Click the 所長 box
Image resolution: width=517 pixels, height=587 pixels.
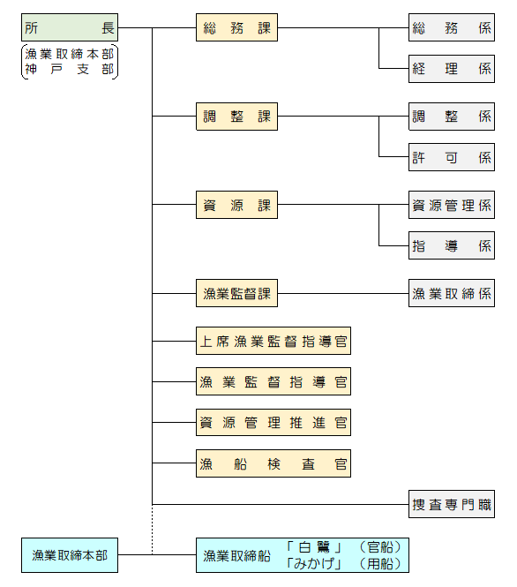70,28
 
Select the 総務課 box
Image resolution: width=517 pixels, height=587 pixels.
236,28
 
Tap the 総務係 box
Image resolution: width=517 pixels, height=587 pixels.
451,28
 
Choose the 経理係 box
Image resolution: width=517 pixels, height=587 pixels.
451,68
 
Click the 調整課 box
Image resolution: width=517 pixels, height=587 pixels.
236,117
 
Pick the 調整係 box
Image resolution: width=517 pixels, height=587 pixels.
451,117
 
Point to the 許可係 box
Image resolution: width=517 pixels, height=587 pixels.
451,157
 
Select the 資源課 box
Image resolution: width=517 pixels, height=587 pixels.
236,205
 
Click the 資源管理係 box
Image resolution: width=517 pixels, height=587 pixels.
451,205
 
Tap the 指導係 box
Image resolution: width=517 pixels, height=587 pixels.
451,245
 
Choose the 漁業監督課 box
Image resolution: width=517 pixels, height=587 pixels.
236,293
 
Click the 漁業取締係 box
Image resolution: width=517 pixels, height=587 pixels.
451,293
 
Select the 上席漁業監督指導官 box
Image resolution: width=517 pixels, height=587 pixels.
273,341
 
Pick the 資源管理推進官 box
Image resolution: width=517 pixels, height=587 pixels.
273,422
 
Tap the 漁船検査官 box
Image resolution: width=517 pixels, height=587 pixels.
273,463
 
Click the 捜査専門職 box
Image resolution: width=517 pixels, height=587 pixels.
451,504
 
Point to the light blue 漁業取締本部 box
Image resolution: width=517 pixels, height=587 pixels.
70,555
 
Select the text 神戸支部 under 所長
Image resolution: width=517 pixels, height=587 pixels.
70,70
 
